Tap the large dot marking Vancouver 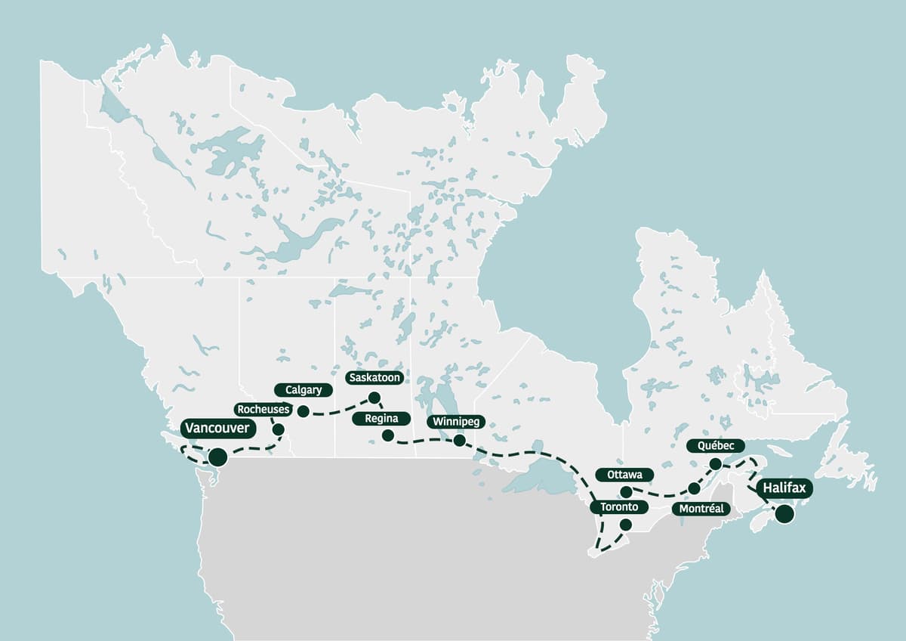(x=217, y=457)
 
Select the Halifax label (x=784, y=488)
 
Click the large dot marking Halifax (x=784, y=515)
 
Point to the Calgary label (x=304, y=390)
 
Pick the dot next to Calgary (x=303, y=411)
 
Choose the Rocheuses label (x=263, y=409)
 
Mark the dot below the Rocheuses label (x=278, y=429)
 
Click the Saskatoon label (x=374, y=377)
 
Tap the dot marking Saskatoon (x=374, y=397)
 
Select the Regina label (x=381, y=418)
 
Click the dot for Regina (x=387, y=435)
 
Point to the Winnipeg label (x=455, y=421)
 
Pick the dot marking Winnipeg (x=459, y=440)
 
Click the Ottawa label (x=624, y=475)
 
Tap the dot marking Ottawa (x=626, y=492)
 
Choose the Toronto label (x=619, y=507)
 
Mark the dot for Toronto (x=625, y=525)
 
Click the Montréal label (x=701, y=509)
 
